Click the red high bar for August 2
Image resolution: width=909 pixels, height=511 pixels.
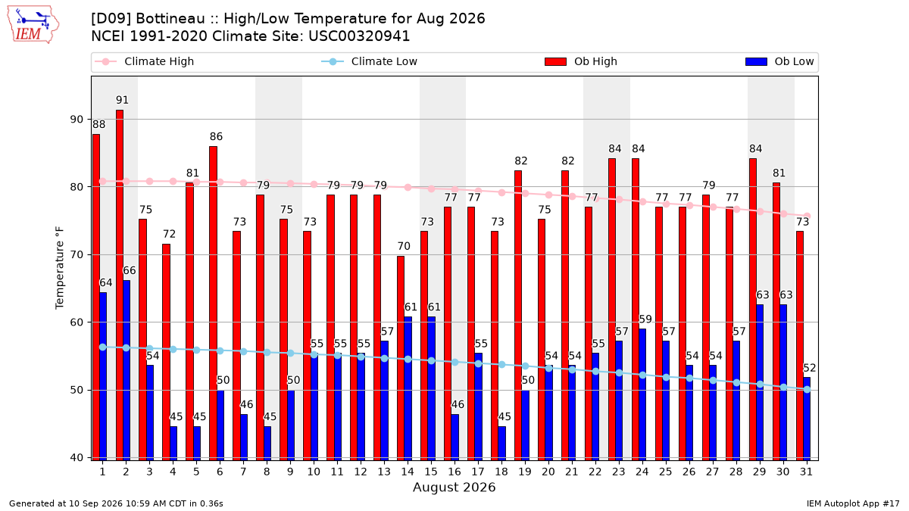(x=120, y=285)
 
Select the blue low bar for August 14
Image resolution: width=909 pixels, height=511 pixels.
(x=408, y=388)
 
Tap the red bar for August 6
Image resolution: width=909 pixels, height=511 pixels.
(x=213, y=304)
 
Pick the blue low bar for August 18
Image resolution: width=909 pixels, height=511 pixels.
(x=502, y=444)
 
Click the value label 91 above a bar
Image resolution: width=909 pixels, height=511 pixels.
(x=122, y=100)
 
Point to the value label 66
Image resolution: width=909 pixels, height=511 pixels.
(x=129, y=270)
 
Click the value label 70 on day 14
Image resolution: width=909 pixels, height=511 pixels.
(x=404, y=246)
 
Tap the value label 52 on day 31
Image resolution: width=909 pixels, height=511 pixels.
(x=810, y=368)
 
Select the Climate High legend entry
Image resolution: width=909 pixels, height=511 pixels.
(x=144, y=61)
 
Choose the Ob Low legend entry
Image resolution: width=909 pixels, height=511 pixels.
(x=779, y=61)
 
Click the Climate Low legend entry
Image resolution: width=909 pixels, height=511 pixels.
(x=369, y=61)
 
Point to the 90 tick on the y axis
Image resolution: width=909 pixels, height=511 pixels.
(x=77, y=120)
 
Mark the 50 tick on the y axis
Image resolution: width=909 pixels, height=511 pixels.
(x=77, y=390)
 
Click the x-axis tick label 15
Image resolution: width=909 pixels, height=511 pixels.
(x=431, y=472)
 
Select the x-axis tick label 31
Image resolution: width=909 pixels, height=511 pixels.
(x=806, y=472)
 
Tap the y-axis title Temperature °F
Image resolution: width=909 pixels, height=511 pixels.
(x=60, y=268)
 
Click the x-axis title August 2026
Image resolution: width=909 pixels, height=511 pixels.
(x=454, y=487)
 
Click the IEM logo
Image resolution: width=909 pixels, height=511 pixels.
(x=33, y=25)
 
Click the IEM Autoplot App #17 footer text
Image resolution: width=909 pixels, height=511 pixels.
(x=853, y=503)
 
